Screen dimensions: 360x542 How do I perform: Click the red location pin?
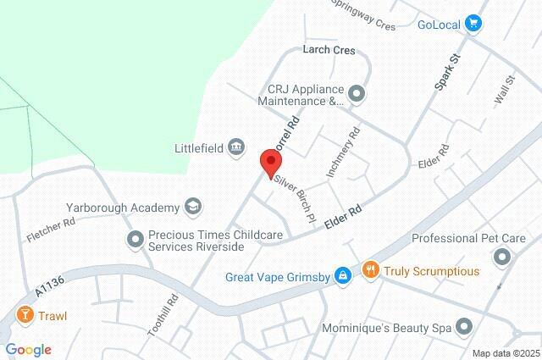pyautogui.click(x=270, y=162)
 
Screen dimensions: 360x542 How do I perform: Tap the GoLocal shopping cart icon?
pyautogui.click(x=473, y=24)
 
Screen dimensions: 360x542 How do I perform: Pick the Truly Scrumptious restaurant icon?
pyautogui.click(x=369, y=271)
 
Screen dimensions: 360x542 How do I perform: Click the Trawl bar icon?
pyautogui.click(x=25, y=316)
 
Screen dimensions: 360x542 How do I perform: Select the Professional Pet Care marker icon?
pyautogui.click(x=504, y=255)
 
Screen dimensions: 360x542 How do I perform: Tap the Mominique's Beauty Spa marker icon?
pyautogui.click(x=463, y=326)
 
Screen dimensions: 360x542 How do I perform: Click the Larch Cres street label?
pyautogui.click(x=329, y=50)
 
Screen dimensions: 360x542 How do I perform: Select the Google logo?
pyautogui.click(x=28, y=350)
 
